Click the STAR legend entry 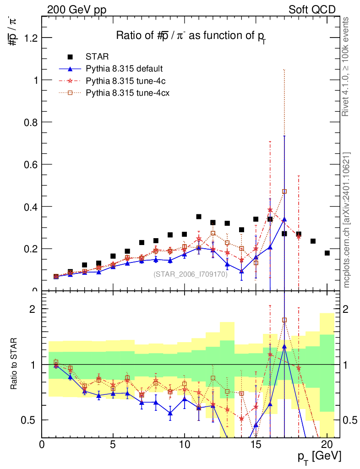(97, 57)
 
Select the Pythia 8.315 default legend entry (124, 69)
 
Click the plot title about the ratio (191, 36)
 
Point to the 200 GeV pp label (76, 10)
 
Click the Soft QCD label (312, 10)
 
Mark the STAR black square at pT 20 (327, 253)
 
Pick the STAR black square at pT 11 (199, 217)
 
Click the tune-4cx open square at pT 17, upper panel (284, 191)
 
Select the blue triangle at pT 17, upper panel (284, 219)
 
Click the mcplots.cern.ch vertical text (346, 220)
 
